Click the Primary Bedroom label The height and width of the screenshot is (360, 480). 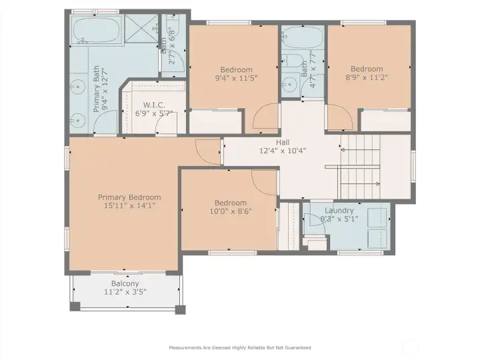[129, 197]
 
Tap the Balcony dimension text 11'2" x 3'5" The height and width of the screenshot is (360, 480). [125, 292]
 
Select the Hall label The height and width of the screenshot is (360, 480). [283, 142]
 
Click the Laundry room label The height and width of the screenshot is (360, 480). [339, 211]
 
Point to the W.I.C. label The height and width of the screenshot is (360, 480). [154, 105]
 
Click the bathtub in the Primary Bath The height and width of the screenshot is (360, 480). [97, 30]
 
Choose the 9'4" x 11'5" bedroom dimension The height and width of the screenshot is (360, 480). [236, 78]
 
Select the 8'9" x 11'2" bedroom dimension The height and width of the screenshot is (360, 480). [367, 77]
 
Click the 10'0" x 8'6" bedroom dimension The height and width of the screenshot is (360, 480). [231, 211]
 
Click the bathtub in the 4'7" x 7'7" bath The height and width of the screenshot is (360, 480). [303, 37]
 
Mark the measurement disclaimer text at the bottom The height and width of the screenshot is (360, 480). [240, 347]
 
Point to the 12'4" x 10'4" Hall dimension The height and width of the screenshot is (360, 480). [283, 151]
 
